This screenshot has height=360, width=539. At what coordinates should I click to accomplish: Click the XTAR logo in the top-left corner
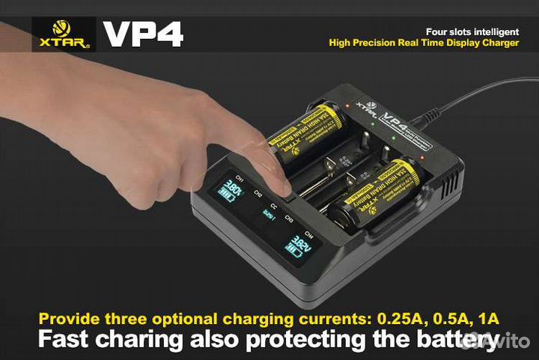(x=64, y=34)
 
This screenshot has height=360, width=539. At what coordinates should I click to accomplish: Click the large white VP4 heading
(x=142, y=34)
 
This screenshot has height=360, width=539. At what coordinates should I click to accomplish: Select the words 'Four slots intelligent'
(x=472, y=31)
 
